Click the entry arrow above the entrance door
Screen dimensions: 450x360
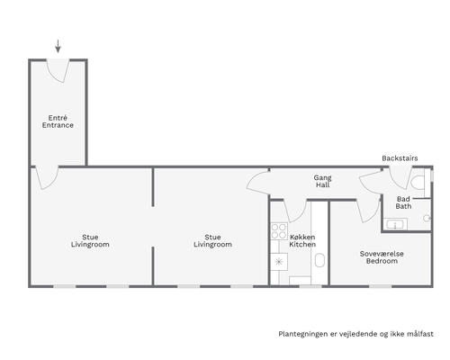click(58, 46)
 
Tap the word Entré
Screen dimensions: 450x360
click(58, 118)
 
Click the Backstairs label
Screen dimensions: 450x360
click(400, 158)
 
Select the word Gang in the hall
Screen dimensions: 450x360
click(323, 178)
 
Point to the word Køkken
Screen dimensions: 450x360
click(302, 237)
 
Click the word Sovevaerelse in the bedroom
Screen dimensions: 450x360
click(382, 254)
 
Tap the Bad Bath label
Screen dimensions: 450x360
click(403, 202)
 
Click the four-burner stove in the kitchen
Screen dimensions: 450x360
click(279, 231)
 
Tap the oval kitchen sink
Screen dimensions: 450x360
click(319, 260)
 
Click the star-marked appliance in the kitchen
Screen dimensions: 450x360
click(279, 262)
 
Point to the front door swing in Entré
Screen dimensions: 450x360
click(58, 71)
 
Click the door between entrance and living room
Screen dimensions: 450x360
click(47, 177)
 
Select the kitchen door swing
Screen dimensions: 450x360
click(295, 211)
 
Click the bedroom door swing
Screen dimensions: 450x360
click(368, 211)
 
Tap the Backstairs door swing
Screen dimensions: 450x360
click(400, 177)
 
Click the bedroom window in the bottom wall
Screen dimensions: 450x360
click(380, 286)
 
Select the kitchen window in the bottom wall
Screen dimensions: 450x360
click(310, 286)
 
